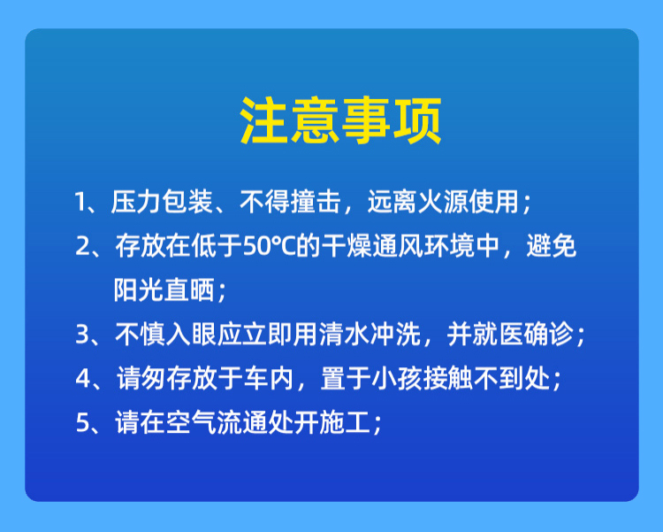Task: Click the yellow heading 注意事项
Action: [341, 121]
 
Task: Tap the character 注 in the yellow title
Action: [263, 121]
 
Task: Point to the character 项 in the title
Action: [418, 121]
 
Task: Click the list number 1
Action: [80, 202]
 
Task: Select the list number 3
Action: [81, 335]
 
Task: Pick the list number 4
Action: [82, 378]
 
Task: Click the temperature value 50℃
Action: [270, 246]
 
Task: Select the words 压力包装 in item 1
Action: [162, 202]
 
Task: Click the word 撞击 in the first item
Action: [316, 202]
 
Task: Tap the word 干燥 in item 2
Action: [347, 246]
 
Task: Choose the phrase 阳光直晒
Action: [164, 290]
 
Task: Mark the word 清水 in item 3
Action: [344, 335]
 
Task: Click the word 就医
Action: [498, 335]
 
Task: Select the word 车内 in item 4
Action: [269, 378]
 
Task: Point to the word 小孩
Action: [397, 378]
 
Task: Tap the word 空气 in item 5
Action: [191, 422]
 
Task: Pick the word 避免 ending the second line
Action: [552, 246]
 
